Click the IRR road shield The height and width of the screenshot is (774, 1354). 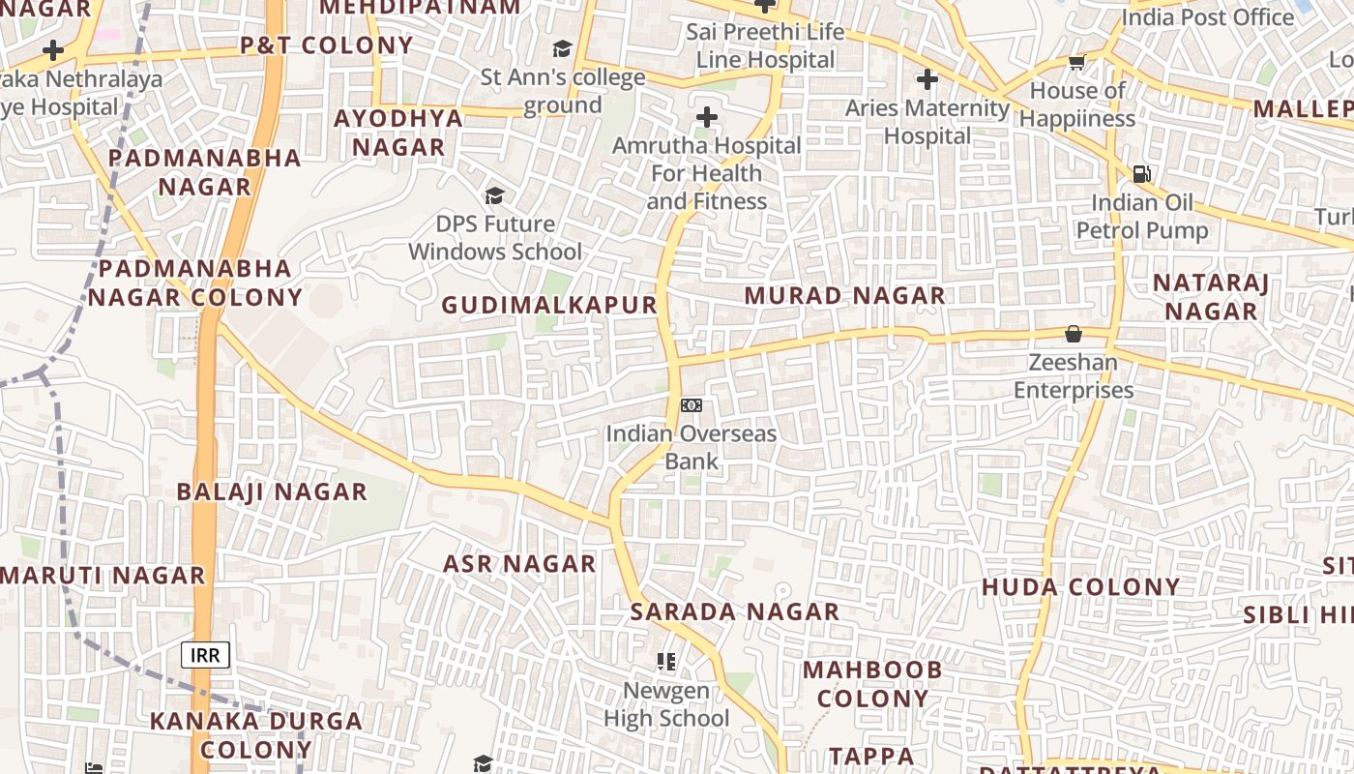pos(205,655)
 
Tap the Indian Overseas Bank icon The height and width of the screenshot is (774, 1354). pos(692,405)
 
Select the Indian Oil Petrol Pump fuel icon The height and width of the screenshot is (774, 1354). pos(1142,174)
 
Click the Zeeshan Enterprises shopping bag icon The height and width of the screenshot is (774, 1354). pos(1074,335)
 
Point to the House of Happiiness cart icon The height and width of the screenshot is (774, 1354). pos(1076,63)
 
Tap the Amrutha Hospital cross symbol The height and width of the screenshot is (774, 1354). pos(707,118)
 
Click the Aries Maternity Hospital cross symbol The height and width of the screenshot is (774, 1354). pos(927,79)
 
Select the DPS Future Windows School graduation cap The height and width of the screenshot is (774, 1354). pos(495,196)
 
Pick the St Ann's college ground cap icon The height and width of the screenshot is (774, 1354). pos(562,49)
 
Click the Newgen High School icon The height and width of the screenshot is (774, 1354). pos(666,662)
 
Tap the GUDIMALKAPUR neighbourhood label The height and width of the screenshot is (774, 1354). pos(549,305)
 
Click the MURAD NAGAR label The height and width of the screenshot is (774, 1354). pos(844,296)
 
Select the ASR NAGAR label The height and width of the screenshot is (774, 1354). pos(519,564)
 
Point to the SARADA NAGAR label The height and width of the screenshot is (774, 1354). pos(735,611)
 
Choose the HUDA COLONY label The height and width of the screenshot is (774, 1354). pos(1081,587)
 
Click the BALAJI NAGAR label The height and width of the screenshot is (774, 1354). pos(272,491)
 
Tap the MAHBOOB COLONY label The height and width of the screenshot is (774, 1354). pos(872,684)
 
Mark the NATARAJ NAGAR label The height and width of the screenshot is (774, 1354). pos(1211,297)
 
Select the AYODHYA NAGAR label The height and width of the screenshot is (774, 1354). pos(398,133)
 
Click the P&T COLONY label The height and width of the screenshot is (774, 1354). pos(327,45)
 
